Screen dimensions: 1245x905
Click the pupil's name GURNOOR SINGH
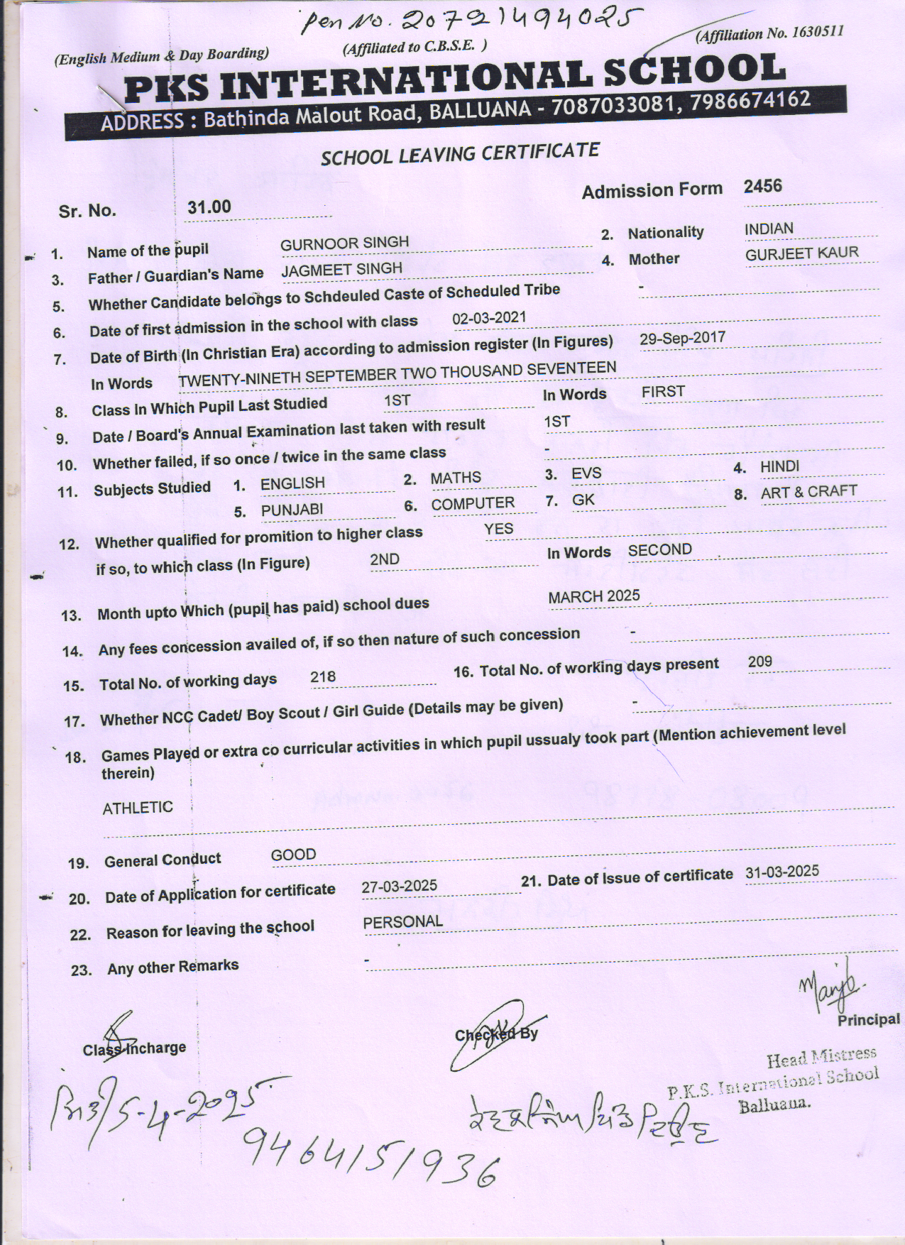pos(344,243)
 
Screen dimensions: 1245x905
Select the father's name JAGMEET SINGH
pos(341,270)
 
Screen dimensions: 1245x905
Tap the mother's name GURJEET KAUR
pos(801,253)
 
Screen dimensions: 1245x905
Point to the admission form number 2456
pos(762,187)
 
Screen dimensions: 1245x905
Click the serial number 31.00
pos(209,207)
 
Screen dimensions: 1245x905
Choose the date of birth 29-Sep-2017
pos(682,338)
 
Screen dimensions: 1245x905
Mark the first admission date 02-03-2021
pos(489,317)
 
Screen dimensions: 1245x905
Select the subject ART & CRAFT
pos(808,491)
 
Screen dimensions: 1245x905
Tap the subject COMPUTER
pos(473,504)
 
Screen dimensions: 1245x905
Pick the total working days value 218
pos(323,676)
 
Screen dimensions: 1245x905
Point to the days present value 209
pos(759,662)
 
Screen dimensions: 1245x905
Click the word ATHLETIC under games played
pos(138,808)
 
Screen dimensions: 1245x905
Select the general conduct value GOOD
pos(293,855)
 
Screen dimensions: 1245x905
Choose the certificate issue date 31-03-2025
pos(781,872)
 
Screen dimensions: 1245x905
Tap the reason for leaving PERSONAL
pos(402,922)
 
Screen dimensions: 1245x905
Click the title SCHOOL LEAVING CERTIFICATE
pos(460,153)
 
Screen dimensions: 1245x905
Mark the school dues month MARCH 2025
pos(593,596)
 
